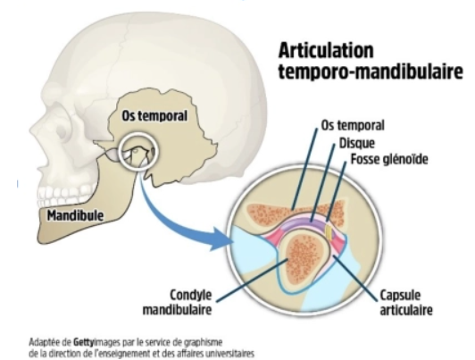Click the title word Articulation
(326, 50)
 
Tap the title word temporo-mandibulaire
(371, 71)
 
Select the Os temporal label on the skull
(154, 116)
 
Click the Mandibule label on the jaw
(75, 215)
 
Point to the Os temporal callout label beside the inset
(353, 125)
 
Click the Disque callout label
(356, 143)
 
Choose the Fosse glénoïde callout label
(389, 159)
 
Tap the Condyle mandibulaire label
(177, 302)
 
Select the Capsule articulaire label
(406, 303)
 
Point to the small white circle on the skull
(137, 152)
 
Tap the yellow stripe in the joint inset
(329, 231)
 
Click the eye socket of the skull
(64, 127)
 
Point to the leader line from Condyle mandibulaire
(252, 280)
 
